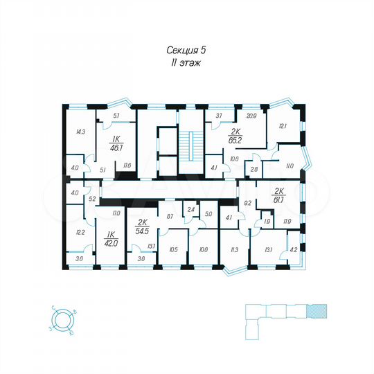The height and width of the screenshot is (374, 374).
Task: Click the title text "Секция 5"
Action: [x=187, y=50]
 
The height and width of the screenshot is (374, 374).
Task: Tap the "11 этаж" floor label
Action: [x=186, y=62]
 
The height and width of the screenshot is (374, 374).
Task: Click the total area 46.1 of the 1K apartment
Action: [x=116, y=147]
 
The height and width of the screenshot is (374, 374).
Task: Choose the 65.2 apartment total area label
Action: [x=234, y=139]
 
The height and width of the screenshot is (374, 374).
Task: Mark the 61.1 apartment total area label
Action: [x=280, y=197]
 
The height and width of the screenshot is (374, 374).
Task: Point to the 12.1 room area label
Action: [x=283, y=125]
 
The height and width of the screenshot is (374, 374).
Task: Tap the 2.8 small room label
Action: [x=254, y=169]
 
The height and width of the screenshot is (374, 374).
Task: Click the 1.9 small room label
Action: [x=267, y=222]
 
